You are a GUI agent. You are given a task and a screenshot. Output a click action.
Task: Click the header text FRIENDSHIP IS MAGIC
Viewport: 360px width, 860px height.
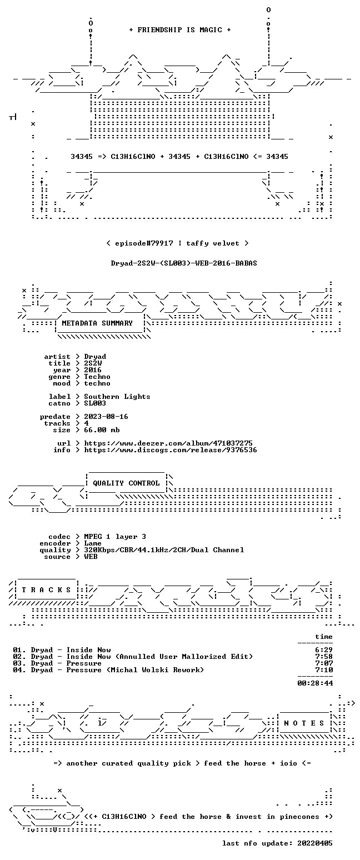180,30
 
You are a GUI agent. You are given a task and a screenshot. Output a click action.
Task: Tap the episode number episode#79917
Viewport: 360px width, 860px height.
144,243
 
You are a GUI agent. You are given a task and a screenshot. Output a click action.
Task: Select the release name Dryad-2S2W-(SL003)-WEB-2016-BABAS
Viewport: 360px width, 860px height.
184,263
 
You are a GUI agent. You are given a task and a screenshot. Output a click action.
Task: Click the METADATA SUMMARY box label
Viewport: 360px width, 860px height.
97,323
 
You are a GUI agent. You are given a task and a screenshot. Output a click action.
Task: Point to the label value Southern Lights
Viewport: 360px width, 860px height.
117,397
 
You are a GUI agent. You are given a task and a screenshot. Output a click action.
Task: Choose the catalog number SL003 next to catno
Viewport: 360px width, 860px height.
95,403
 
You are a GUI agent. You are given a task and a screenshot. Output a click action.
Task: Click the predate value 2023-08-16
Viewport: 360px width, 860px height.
106,417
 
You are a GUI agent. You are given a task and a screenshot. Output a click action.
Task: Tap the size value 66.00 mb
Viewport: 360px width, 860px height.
102,430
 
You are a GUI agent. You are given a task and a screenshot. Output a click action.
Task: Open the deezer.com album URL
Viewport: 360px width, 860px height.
168,443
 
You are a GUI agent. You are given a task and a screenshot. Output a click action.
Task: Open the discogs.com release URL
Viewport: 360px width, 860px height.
171,450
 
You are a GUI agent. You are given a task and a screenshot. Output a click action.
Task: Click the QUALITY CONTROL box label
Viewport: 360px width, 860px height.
126,483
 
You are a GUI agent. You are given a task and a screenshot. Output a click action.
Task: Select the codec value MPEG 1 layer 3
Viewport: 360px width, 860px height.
115,537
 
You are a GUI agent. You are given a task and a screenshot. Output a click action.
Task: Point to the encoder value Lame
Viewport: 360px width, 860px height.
92,543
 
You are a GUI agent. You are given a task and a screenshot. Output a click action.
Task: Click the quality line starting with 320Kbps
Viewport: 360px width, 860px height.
164,550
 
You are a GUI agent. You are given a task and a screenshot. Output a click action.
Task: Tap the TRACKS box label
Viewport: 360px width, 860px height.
46,590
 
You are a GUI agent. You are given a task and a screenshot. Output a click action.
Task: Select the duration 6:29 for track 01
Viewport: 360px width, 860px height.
324,650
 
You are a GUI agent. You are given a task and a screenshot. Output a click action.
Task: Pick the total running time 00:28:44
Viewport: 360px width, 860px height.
315,683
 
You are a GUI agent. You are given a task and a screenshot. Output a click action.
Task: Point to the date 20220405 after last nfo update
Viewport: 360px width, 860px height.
314,843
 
